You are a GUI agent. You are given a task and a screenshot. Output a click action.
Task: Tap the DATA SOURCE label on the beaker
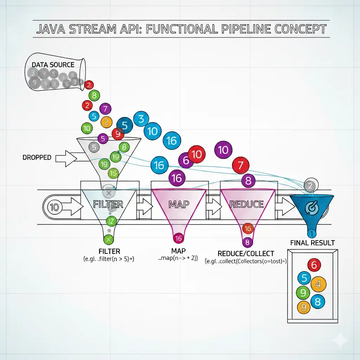click(53, 65)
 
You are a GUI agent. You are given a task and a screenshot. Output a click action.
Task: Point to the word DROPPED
click(37, 158)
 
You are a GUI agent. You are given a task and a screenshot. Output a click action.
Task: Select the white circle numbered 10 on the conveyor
click(54, 207)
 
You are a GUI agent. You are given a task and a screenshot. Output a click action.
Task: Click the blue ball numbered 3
click(141, 119)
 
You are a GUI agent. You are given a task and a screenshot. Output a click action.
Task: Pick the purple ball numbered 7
click(105, 109)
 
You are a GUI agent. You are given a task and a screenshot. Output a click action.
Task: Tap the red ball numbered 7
click(240, 165)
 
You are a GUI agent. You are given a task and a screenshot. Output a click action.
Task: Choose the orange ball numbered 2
click(106, 122)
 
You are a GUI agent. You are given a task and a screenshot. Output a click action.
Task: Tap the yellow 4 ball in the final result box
click(318, 284)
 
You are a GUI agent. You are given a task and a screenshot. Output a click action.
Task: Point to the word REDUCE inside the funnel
click(246, 204)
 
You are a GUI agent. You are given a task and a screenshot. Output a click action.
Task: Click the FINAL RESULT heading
click(312, 243)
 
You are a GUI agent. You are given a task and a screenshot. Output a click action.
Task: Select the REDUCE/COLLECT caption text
click(246, 253)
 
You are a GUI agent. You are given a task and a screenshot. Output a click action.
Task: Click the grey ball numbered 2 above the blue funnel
click(310, 185)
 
